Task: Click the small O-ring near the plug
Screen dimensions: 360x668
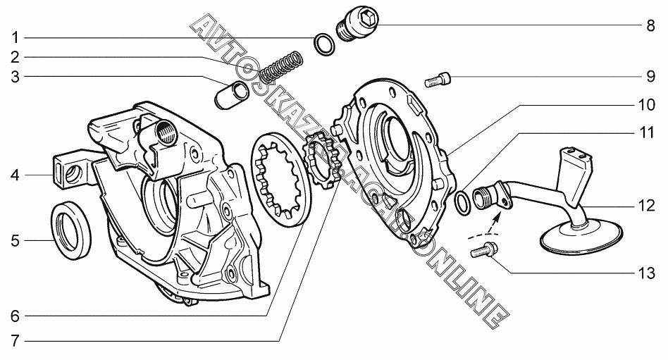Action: click(325, 44)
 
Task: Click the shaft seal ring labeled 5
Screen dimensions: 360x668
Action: click(72, 228)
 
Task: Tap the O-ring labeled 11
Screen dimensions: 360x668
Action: click(462, 203)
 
